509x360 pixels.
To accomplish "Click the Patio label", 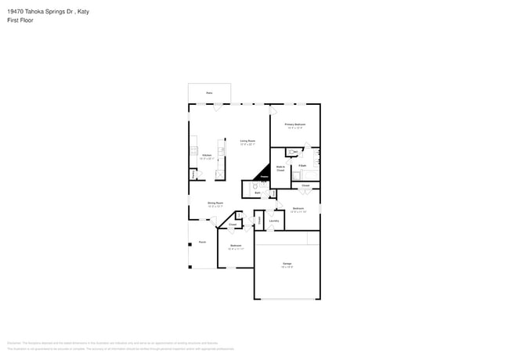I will pyautogui.click(x=209, y=92).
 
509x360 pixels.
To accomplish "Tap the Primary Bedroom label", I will pyautogui.click(x=294, y=124).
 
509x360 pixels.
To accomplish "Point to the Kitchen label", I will pyautogui.click(x=207, y=155).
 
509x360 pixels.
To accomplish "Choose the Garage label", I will pyautogui.click(x=287, y=264).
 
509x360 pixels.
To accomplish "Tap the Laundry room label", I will pyautogui.click(x=274, y=221).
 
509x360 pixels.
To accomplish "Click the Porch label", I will pyautogui.click(x=202, y=243).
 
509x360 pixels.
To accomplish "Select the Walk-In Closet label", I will pyautogui.click(x=280, y=167).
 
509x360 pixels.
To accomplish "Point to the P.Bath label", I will pyautogui.click(x=301, y=166).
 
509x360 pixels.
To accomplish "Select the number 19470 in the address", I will pyautogui.click(x=15, y=12).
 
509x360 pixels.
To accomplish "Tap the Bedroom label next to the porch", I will pyautogui.click(x=236, y=246).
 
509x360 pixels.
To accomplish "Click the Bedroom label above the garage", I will pyautogui.click(x=298, y=208).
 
